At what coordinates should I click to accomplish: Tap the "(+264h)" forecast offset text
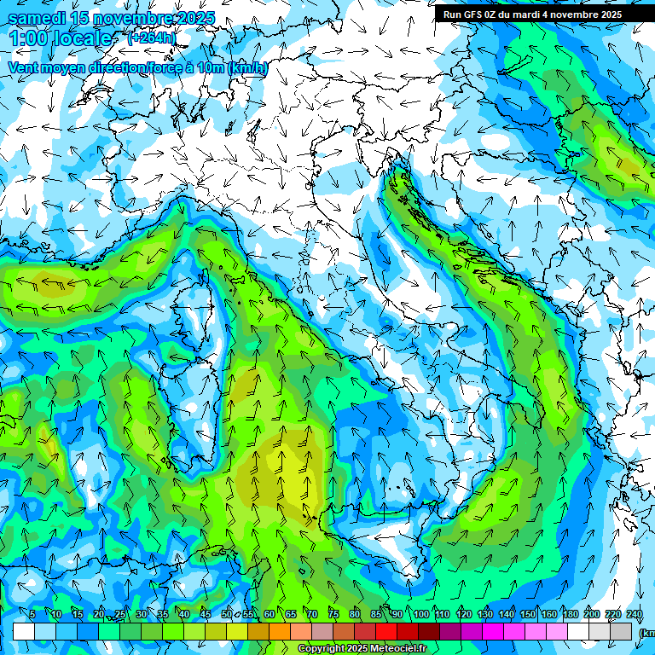click(x=151, y=38)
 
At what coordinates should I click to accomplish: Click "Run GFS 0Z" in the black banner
click(x=474, y=14)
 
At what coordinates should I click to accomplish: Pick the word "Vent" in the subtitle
click(x=23, y=68)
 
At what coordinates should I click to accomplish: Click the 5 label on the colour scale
click(x=32, y=614)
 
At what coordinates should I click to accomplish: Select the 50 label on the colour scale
click(x=226, y=614)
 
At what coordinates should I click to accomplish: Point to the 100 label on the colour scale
click(x=420, y=614)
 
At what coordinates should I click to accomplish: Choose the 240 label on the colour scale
click(x=634, y=614)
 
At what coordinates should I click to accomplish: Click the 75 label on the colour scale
click(x=333, y=614)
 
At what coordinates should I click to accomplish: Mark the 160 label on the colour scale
click(x=548, y=614)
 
